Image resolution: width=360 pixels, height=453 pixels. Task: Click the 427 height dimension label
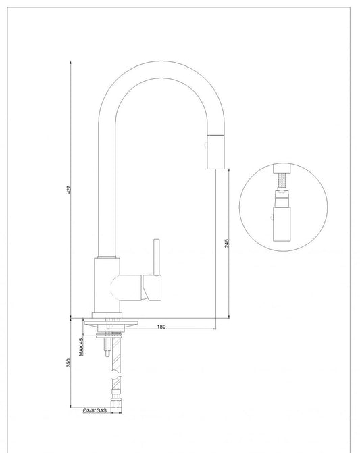pos(69,190)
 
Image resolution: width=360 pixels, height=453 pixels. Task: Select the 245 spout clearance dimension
pos(226,243)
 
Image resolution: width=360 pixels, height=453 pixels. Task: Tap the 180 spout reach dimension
pos(161,327)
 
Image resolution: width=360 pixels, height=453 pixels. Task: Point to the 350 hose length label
pos(68,363)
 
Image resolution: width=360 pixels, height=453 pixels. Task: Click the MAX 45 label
pos(81,347)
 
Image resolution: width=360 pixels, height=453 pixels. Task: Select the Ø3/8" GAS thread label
pos(95,410)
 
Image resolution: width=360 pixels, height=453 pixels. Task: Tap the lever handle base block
pos(152,288)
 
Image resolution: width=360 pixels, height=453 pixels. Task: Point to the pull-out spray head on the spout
pos(216,151)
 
